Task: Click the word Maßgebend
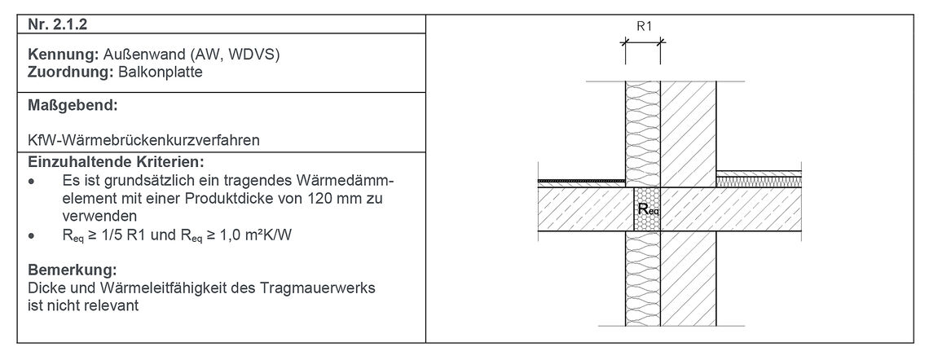click(72, 106)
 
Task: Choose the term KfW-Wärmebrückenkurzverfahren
click(143, 140)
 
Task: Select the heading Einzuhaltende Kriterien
click(115, 161)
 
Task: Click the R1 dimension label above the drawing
click(644, 25)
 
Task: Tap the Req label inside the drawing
click(649, 209)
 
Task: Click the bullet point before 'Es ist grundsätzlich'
click(31, 180)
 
